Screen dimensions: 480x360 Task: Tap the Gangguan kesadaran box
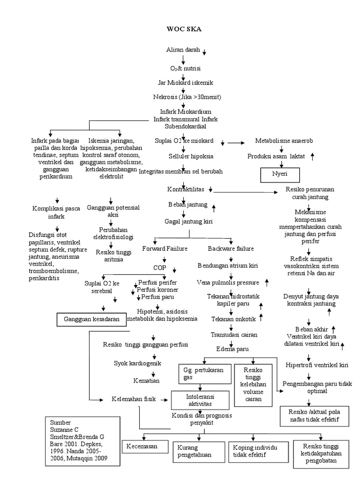[92, 319]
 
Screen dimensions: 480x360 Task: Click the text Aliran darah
[183, 50]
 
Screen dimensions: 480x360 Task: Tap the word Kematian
[146, 380]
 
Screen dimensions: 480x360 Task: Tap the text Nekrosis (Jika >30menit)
[187, 97]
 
